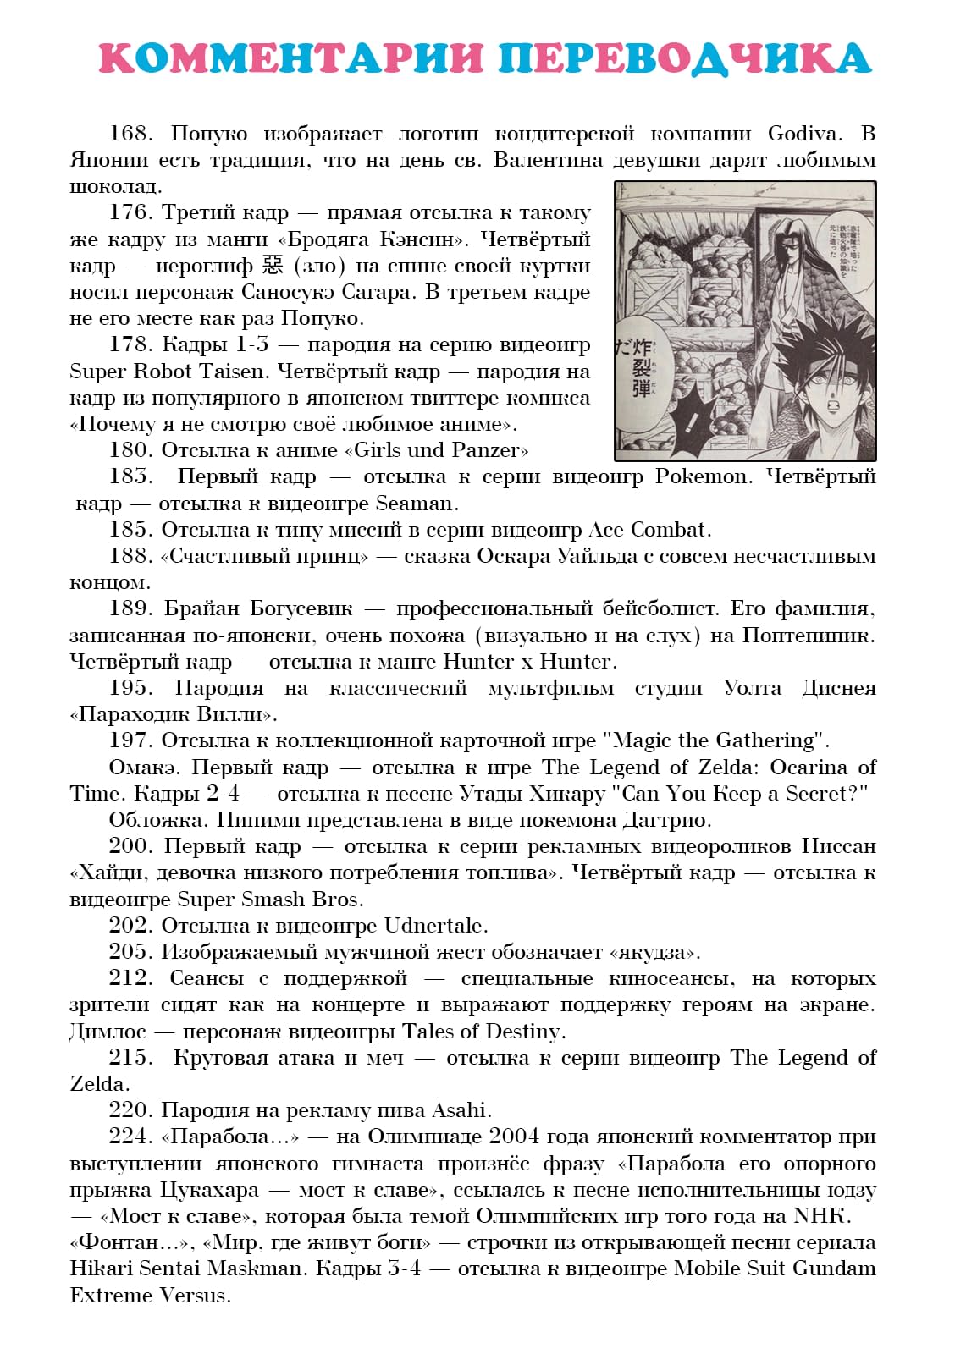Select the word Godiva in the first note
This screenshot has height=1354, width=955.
(x=803, y=134)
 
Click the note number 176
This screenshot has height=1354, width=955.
(x=130, y=213)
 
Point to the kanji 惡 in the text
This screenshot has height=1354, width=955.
(x=273, y=266)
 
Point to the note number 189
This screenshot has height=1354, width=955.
(x=130, y=608)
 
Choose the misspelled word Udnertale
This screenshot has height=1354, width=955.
(x=434, y=926)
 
